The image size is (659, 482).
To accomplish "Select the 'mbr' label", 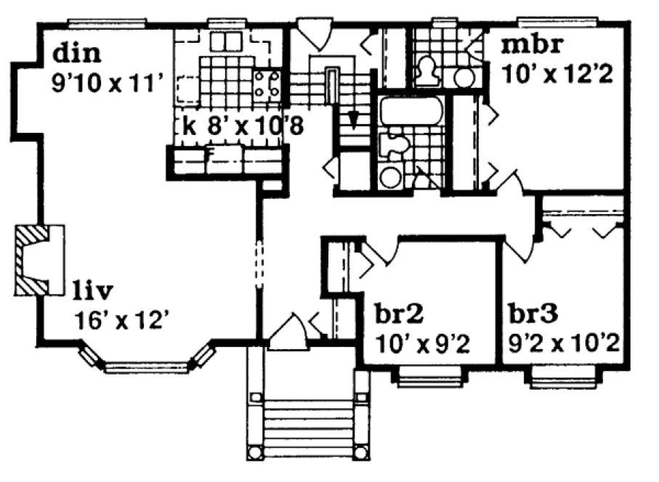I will point(533,45).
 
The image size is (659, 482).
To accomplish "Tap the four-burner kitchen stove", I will point(267,84).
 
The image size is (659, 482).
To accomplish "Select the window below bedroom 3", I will point(564,375).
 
